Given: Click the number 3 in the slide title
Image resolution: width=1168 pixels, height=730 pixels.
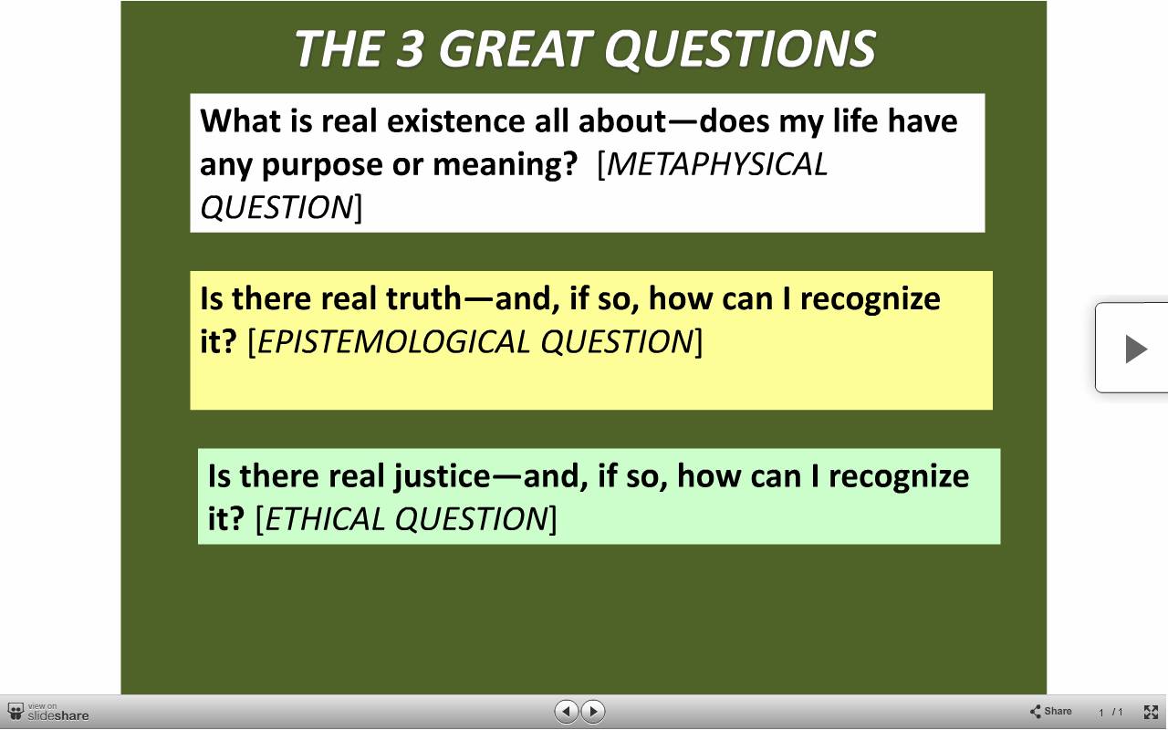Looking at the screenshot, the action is click(409, 48).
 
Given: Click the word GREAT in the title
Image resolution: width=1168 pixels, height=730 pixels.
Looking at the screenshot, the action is click(516, 48).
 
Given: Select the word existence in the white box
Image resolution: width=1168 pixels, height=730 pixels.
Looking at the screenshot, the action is click(455, 121).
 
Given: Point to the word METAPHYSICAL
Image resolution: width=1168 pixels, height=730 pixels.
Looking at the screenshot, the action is click(717, 165).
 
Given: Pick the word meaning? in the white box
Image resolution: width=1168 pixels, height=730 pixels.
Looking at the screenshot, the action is click(506, 166).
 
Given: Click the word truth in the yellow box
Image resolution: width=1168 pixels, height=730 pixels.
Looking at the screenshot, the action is click(424, 298).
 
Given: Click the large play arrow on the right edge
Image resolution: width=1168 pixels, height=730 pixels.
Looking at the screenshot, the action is click(1136, 349).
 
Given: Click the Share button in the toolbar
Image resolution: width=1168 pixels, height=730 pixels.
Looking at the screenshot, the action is click(1050, 711).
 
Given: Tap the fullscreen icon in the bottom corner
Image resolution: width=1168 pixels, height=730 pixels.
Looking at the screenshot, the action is click(1151, 712).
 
